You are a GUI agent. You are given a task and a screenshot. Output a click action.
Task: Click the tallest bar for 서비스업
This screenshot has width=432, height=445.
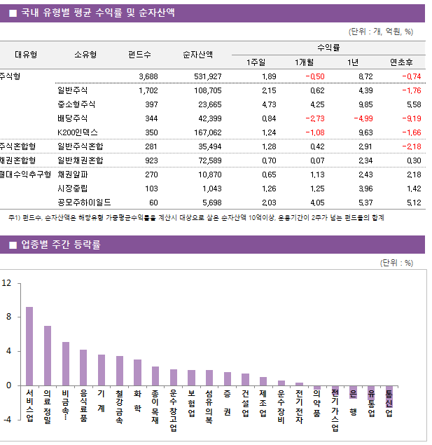tap(29, 346)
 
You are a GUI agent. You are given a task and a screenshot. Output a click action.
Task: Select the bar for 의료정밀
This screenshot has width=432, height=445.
tap(48, 355)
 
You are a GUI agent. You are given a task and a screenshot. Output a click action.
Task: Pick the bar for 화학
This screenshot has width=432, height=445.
tap(137, 372)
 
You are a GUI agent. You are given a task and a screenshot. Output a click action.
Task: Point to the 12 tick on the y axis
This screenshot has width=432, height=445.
tap(7, 283)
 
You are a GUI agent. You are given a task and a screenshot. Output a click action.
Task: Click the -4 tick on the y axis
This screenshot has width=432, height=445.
tap(7, 419)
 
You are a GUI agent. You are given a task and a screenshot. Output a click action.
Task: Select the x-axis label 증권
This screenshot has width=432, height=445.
tap(228, 403)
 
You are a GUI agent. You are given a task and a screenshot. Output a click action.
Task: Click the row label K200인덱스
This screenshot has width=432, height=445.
tap(78, 132)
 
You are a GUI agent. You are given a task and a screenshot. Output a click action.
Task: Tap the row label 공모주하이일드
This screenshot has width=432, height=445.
tap(81, 203)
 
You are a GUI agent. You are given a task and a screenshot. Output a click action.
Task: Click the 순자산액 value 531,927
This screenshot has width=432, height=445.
tap(207, 76)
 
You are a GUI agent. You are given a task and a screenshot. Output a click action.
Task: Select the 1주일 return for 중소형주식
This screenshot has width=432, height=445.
tap(269, 104)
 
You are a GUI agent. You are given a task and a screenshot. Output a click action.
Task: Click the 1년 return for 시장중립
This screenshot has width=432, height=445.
tap(365, 189)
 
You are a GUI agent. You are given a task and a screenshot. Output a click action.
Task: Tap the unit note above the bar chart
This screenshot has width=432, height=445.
tap(396, 263)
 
